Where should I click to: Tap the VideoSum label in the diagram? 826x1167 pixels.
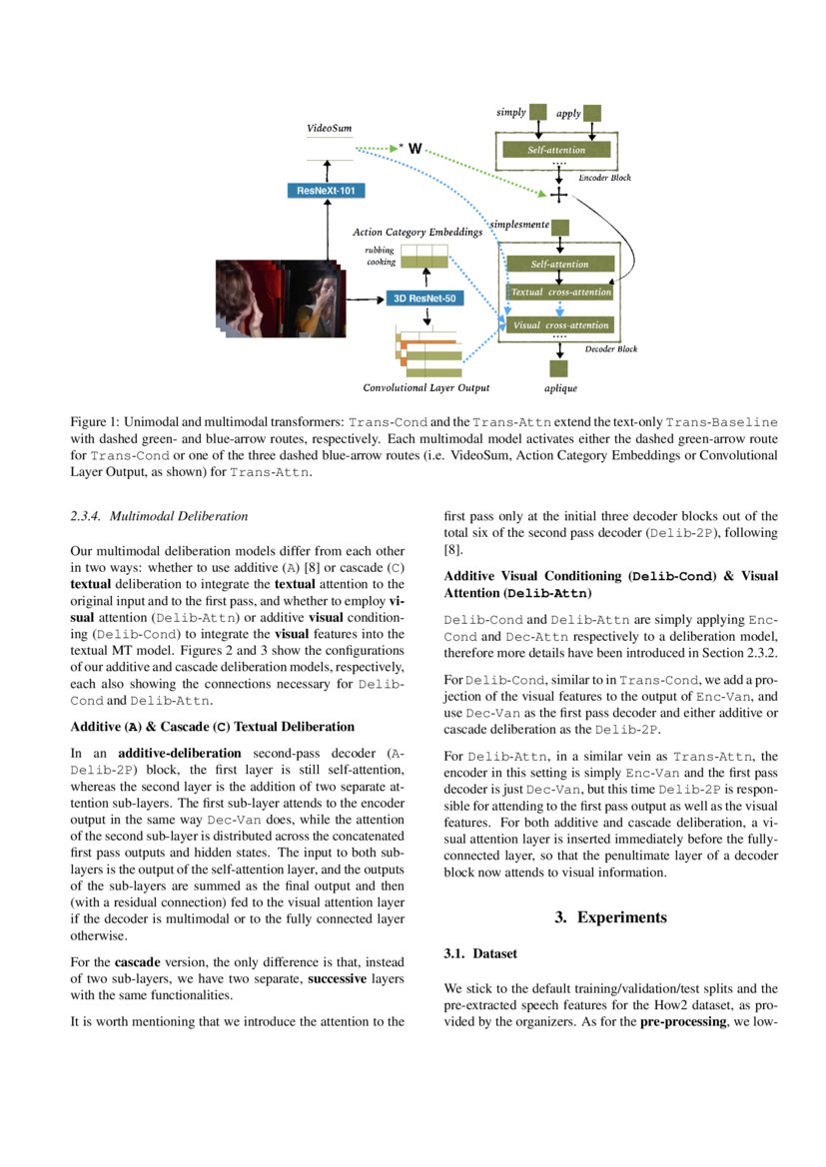tap(329, 129)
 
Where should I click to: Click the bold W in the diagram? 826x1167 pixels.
tap(414, 149)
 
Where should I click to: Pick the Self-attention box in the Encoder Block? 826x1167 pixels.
tap(556, 150)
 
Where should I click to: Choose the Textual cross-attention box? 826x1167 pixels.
tap(560, 292)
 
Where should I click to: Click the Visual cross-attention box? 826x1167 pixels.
tap(560, 325)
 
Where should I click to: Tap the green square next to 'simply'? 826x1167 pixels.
tap(538, 113)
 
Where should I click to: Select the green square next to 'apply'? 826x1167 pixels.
tap(592, 114)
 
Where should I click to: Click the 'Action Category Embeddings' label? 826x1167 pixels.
tap(417, 233)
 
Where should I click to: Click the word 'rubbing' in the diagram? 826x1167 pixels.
tap(379, 250)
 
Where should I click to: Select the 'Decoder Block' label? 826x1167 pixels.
tap(610, 349)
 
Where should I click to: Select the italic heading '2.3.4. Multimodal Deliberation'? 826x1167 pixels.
tap(158, 516)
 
